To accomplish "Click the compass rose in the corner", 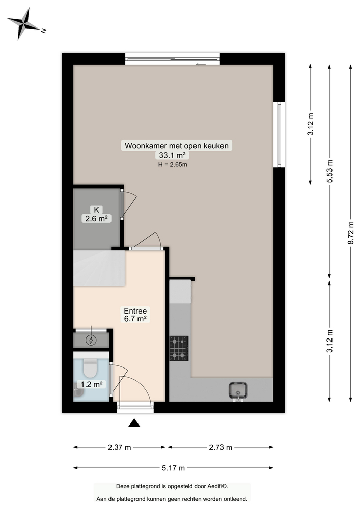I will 23,23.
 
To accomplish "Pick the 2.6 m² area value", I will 97,218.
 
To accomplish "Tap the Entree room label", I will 135,310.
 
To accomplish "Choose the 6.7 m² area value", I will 135,319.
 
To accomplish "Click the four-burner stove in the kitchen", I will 179,349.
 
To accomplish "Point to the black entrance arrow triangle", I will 134,423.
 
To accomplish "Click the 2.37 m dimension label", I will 120,447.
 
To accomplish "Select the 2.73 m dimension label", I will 220,447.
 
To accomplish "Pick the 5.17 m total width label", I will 173,468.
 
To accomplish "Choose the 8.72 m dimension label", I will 351,232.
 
